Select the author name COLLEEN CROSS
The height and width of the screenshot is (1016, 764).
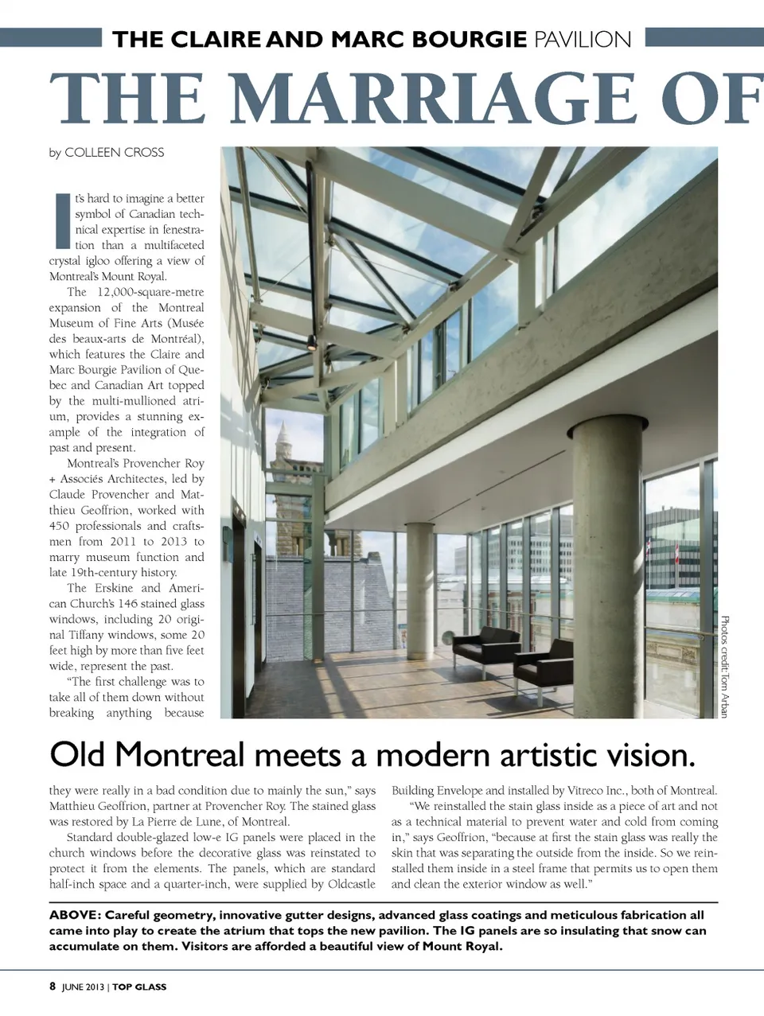click(114, 152)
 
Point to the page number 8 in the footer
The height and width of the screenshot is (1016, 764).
click(53, 987)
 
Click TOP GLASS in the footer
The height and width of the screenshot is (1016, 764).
click(139, 987)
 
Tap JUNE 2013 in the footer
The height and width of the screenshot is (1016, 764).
click(84, 987)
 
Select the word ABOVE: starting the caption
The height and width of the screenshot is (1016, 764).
click(74, 915)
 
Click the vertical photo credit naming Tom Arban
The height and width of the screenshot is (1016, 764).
click(724, 667)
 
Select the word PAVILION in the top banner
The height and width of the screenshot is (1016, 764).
click(583, 39)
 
